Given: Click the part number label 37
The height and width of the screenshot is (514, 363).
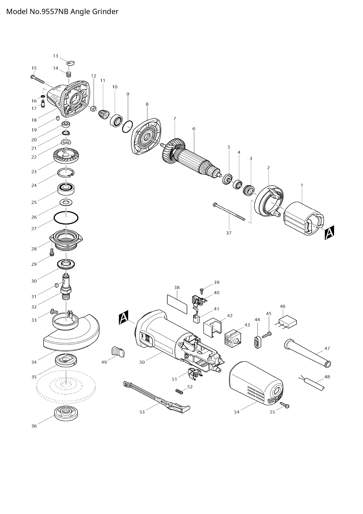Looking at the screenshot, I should [x=229, y=233].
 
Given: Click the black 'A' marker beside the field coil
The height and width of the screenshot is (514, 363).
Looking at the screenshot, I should [x=329, y=233].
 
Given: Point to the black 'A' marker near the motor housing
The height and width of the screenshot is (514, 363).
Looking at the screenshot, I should [x=124, y=318].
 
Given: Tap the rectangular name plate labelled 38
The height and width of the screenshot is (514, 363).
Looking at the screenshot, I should [x=177, y=304].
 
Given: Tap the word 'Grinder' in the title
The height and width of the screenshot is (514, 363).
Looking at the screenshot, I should [x=105, y=12].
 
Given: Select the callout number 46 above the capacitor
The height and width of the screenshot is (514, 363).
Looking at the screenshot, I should [x=282, y=306].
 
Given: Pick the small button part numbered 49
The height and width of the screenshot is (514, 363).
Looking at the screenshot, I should [x=118, y=352].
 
